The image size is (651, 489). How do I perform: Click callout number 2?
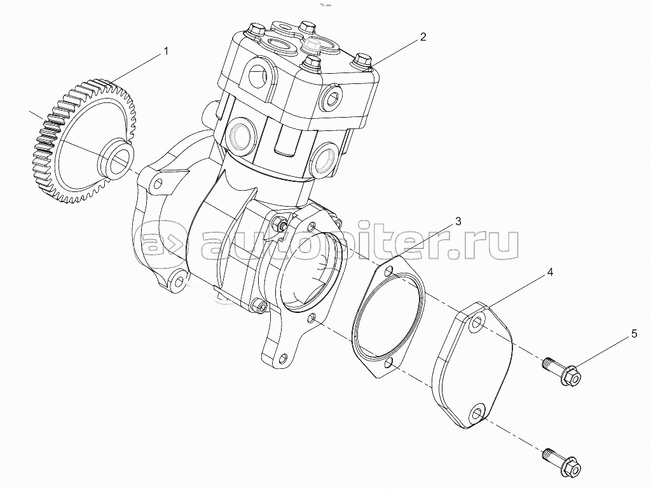coord(423,36)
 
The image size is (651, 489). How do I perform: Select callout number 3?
coord(458,221)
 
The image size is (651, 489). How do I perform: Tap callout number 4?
coord(550,272)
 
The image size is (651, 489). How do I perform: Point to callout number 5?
coord(634,333)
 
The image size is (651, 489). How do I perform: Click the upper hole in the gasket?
coord(388,272)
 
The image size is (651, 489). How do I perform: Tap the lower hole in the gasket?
coord(389,363)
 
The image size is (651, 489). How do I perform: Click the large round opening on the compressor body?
coord(312,272)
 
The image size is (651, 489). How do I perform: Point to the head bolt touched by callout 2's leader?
coord(362,60)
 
